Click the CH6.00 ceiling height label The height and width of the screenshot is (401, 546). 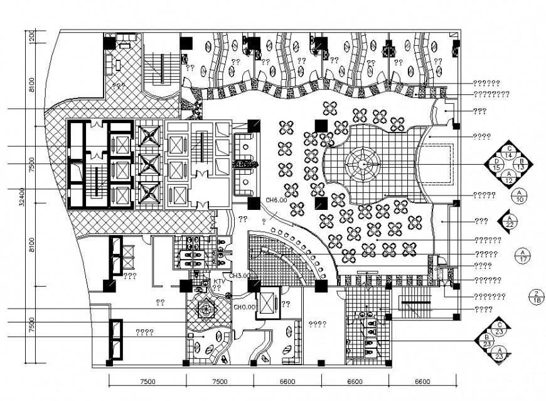tap(276, 200)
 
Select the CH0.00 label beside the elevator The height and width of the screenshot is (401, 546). tap(244, 307)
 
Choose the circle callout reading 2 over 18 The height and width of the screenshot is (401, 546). tap(536, 297)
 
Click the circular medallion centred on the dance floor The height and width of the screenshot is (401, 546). tap(363, 163)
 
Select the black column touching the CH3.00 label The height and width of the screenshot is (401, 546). tap(254, 286)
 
